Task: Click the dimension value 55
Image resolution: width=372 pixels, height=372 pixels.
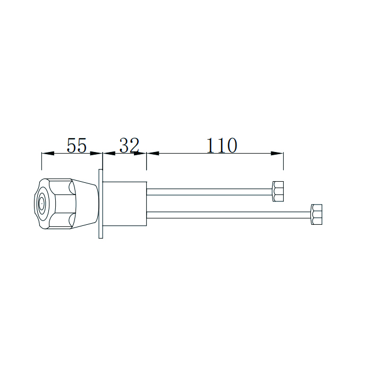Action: pos(76,145)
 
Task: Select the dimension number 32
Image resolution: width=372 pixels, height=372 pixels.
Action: pos(129,145)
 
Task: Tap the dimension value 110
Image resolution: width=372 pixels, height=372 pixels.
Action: pos(222,145)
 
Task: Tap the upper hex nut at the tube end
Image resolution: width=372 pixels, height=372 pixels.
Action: pos(278,191)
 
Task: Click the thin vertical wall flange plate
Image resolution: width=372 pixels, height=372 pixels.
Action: pos(100,203)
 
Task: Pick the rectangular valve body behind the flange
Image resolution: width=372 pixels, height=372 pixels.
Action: pos(124,204)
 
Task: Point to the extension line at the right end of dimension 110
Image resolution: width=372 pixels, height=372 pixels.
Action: pos(283,162)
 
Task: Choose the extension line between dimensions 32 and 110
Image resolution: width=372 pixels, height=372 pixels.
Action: pos(147,162)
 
